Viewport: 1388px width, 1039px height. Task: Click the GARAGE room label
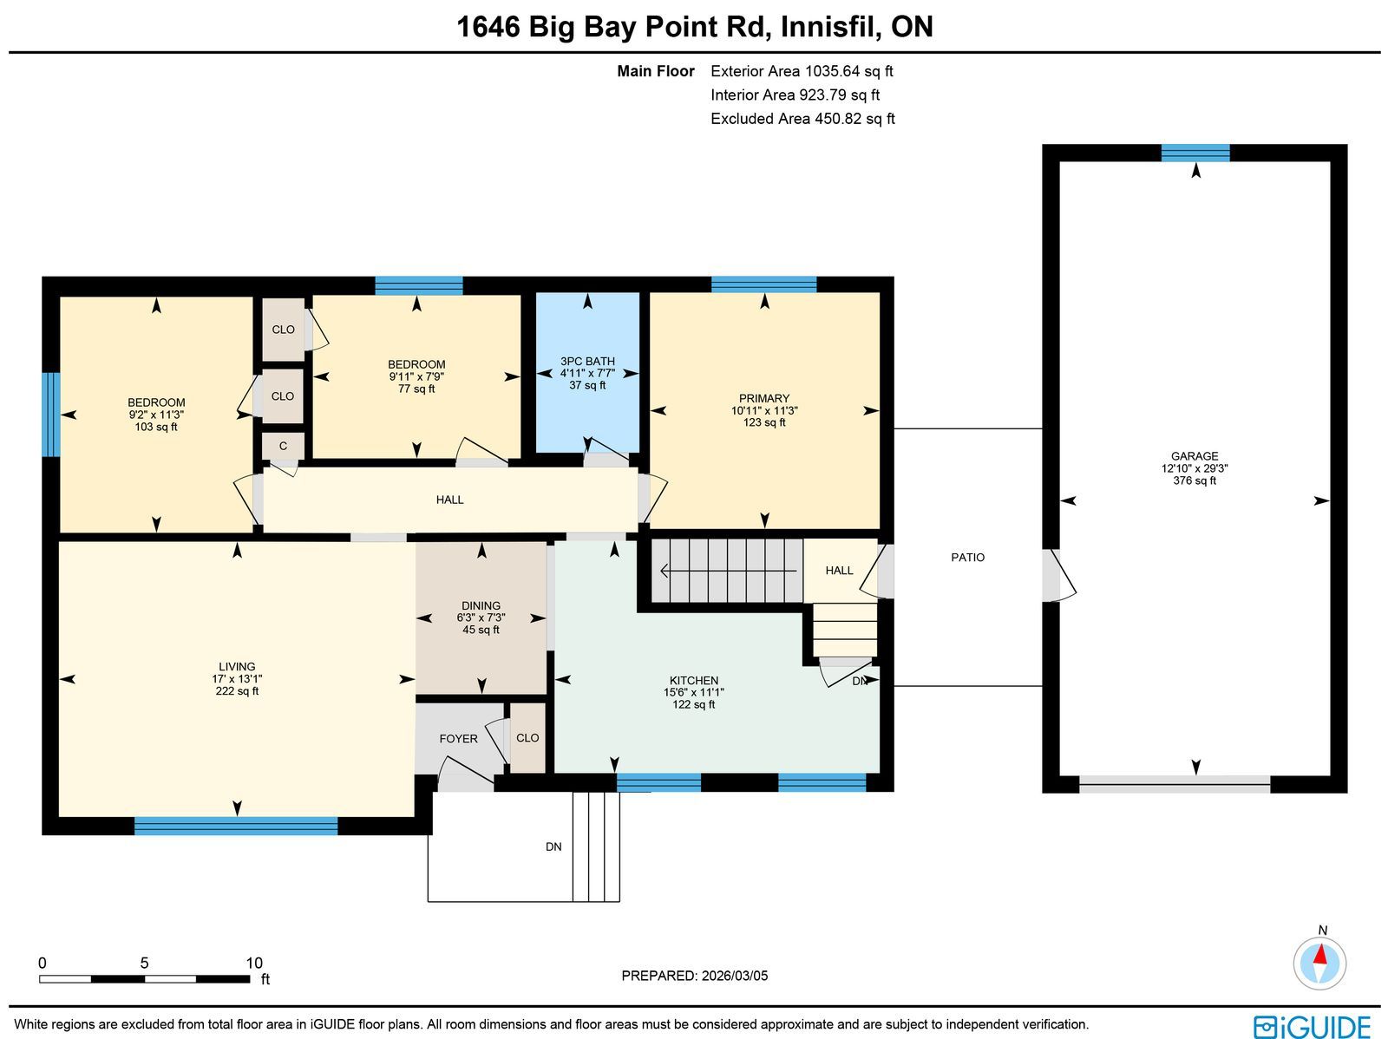click(x=1194, y=455)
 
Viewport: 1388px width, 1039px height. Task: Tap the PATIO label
click(x=967, y=557)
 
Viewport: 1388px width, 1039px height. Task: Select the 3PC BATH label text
click(x=587, y=361)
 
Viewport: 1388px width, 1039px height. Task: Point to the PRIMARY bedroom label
click(x=764, y=398)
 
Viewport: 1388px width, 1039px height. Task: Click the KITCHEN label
click(x=694, y=680)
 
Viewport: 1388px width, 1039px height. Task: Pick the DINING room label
click(x=481, y=605)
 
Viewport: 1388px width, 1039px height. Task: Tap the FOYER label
click(x=458, y=738)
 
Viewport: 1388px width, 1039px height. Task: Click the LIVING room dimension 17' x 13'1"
click(x=237, y=678)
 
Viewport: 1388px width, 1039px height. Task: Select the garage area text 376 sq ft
click(x=1194, y=480)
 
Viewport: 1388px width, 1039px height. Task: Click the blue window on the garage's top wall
click(x=1195, y=153)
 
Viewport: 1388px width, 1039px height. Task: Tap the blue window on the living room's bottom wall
click(x=236, y=826)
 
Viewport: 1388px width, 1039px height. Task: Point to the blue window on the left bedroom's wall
click(x=51, y=414)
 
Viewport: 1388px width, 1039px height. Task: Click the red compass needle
click(x=1321, y=954)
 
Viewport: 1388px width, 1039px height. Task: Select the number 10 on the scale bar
click(x=254, y=963)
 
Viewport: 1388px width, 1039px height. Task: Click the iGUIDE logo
click(x=1313, y=1026)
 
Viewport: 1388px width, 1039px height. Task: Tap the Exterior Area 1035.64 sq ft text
click(x=802, y=71)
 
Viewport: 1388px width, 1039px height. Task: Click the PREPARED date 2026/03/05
click(x=734, y=975)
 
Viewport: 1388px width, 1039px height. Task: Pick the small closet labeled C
click(x=284, y=446)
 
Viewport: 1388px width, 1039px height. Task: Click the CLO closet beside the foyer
click(x=527, y=737)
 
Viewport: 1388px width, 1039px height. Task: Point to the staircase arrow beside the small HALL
click(x=728, y=572)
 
